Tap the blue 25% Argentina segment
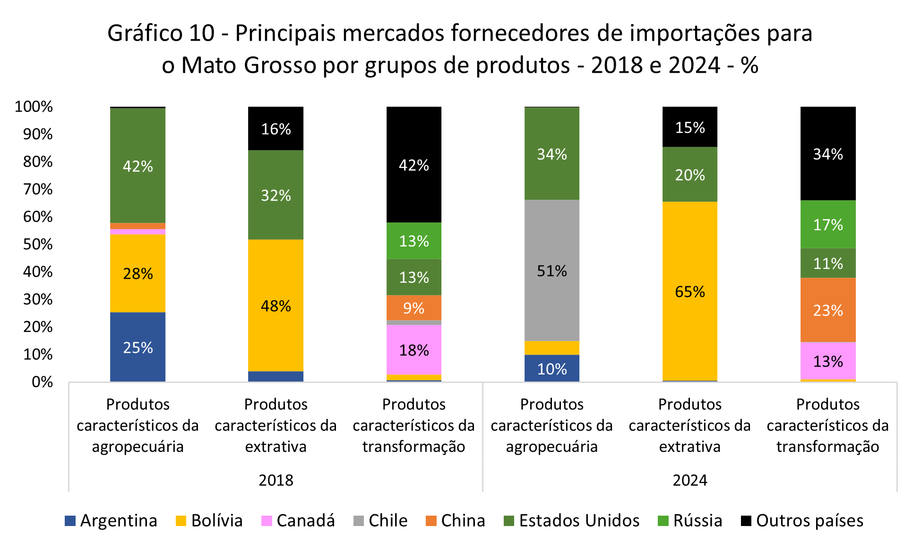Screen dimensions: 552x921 tap(138, 347)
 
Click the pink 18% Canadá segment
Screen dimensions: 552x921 tap(413, 350)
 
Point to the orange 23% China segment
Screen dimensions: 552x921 tap(827, 310)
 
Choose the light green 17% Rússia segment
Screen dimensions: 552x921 tap(827, 225)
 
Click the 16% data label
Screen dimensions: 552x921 tap(276, 129)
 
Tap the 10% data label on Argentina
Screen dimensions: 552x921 tap(551, 369)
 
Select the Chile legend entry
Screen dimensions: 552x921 tap(381, 520)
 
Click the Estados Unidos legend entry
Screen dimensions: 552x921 tap(572, 520)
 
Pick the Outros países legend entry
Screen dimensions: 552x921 tap(802, 520)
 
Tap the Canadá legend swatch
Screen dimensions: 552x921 tap(267, 521)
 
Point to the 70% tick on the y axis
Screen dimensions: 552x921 tap(38, 189)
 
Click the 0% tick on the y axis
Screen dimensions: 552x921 tap(42, 382)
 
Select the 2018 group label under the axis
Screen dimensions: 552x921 tap(276, 480)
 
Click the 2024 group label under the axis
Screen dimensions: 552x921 tap(689, 480)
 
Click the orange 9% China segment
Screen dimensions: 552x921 tap(413, 308)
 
